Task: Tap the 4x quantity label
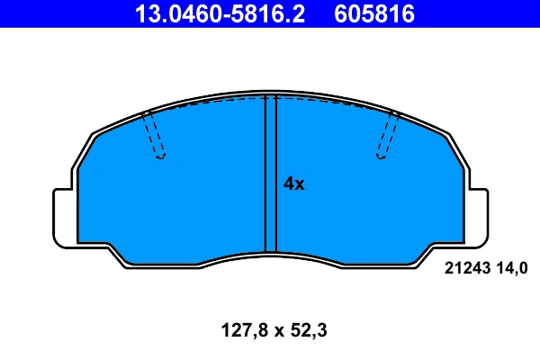[294, 184]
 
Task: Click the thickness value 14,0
[508, 266]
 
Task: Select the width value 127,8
[238, 330]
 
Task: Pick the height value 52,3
[307, 330]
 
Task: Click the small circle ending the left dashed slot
[161, 157]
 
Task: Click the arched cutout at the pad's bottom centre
[270, 261]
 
